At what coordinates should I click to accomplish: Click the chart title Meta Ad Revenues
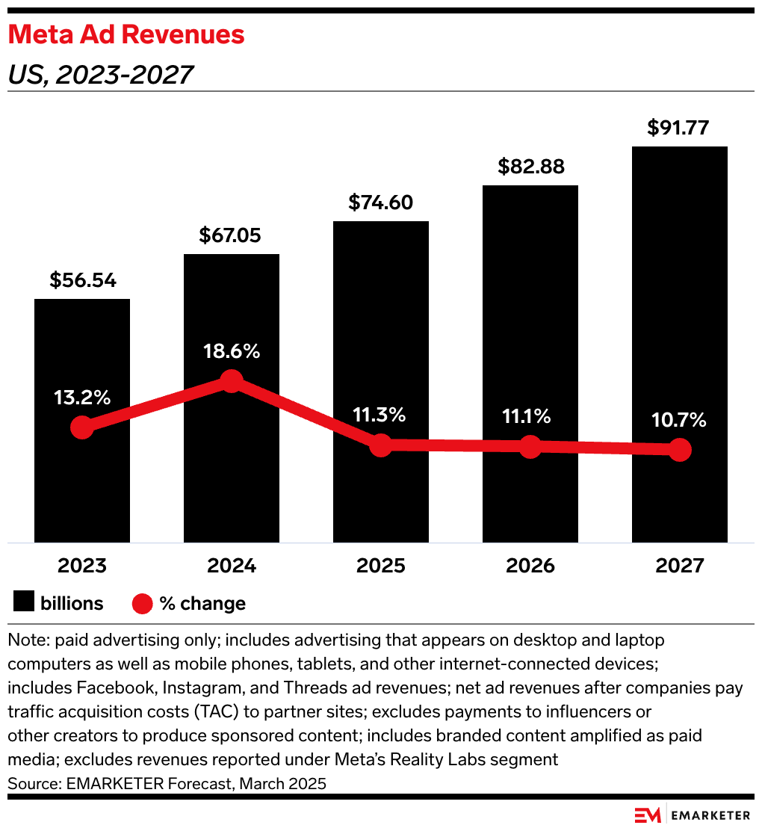126,34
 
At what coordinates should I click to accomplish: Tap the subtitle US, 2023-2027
100,75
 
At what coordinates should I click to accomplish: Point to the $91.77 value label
679,128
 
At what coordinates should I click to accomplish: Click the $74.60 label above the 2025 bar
380,203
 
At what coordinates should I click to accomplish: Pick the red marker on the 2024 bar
232,381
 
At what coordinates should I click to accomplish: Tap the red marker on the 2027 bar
679,450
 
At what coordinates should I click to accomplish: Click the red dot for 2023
82,428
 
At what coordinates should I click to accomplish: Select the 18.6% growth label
232,351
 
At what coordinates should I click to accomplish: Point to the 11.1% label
530,416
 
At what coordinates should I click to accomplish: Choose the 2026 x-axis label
530,566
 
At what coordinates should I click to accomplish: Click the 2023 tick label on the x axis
82,566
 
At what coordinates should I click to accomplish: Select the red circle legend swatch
142,603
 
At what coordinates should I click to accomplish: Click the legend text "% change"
202,603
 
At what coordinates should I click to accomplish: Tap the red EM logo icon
646,815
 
